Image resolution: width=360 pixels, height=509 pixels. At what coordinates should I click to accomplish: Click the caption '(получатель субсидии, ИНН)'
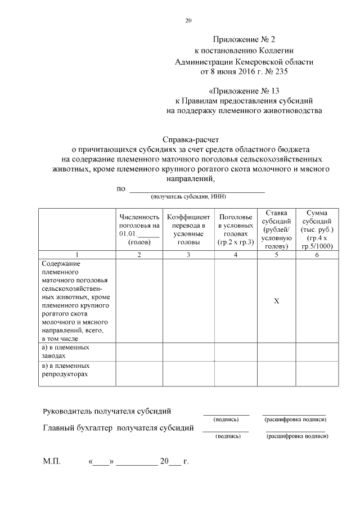pos(188,197)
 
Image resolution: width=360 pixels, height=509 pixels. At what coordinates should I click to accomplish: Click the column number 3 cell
pos(188,255)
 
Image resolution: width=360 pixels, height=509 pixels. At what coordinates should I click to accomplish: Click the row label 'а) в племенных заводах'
pos(66,352)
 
